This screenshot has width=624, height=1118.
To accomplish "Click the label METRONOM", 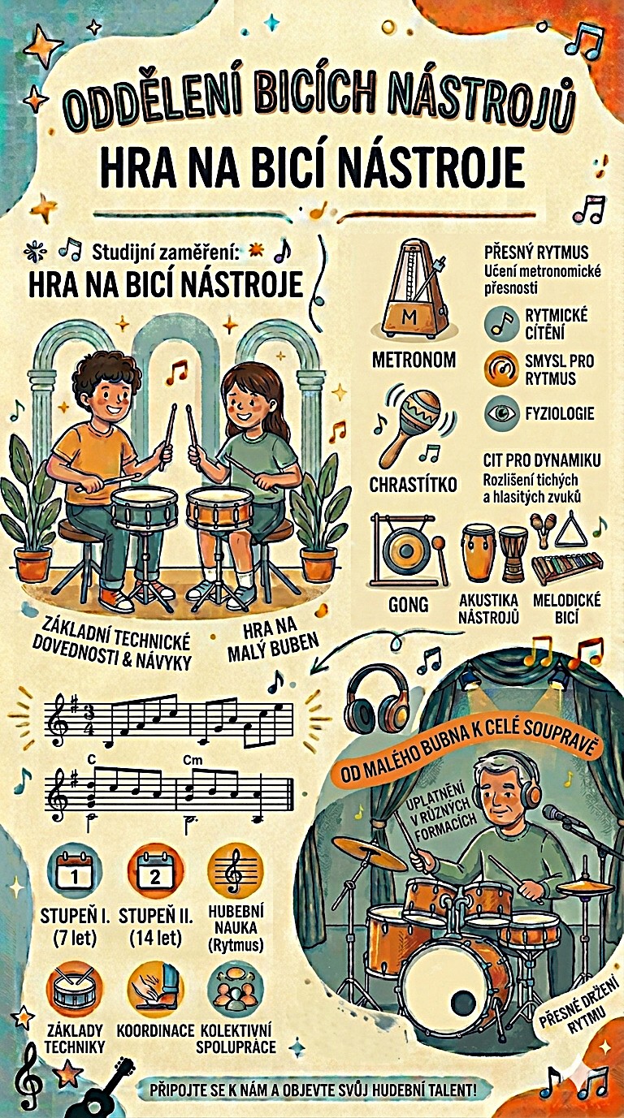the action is [414, 360].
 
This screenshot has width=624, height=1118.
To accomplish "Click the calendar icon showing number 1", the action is [75, 874].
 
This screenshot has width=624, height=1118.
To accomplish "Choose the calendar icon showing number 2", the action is [155, 874].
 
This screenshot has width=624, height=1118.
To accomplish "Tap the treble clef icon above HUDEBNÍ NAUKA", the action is [234, 874].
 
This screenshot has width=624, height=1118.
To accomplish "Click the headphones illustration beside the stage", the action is [378, 701].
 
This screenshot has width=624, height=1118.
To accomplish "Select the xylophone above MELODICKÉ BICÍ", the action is [567, 569].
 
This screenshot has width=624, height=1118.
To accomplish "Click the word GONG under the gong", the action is [408, 605].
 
